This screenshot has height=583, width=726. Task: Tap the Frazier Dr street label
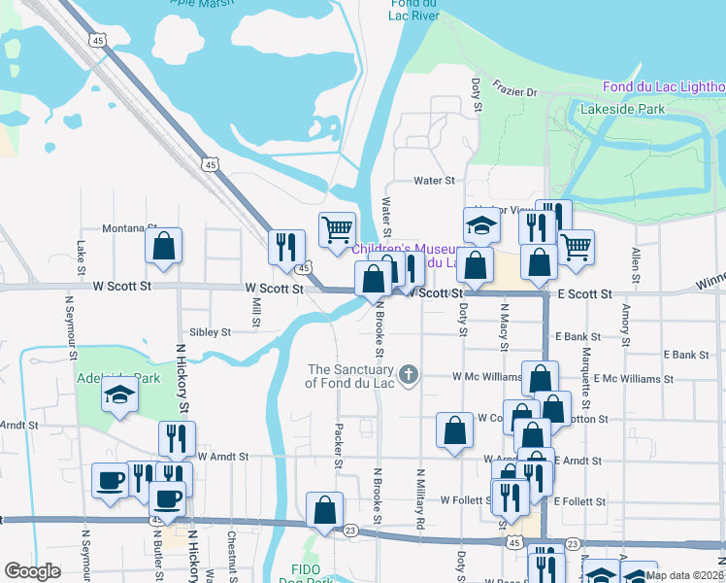(515, 91)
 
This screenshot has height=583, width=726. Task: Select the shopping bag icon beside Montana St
(164, 248)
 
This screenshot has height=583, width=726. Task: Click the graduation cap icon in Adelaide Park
(119, 395)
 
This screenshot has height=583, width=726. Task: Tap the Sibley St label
(210, 331)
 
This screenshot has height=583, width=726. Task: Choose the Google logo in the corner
(32, 571)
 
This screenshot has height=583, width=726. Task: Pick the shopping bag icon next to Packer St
(324, 509)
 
